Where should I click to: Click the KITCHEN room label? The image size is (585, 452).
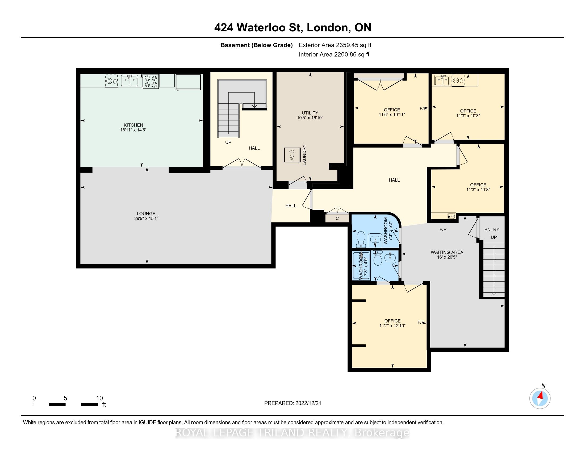coord(133,125)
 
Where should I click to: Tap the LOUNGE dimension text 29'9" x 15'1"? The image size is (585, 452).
coord(146,219)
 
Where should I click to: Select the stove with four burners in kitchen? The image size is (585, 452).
coord(151,81)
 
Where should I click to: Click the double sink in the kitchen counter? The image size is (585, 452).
coord(130,80)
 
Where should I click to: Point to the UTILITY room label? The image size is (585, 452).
coord(310,113)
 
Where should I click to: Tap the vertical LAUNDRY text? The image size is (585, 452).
coord(304,155)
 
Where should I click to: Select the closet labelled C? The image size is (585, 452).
coord(337,218)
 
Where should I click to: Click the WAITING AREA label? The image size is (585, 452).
coord(447,252)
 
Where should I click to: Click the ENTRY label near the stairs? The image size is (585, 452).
coord(492,229)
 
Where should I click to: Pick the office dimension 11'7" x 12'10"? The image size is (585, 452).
coord(392,326)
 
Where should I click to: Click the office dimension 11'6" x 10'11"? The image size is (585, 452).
coord(392,115)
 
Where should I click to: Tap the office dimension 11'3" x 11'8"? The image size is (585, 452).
coord(478,190)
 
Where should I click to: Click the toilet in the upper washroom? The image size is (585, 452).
coord(361,239)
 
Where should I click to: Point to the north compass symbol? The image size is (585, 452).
coord(540,398)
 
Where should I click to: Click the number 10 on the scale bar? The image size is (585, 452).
coord(99,398)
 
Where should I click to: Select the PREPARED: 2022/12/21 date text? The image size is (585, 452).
coord(292,403)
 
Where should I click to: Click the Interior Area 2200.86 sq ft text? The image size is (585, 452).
coord(334,55)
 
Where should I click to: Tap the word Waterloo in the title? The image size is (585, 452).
coord(270,28)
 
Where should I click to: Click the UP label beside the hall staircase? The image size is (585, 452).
coord(228,143)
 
